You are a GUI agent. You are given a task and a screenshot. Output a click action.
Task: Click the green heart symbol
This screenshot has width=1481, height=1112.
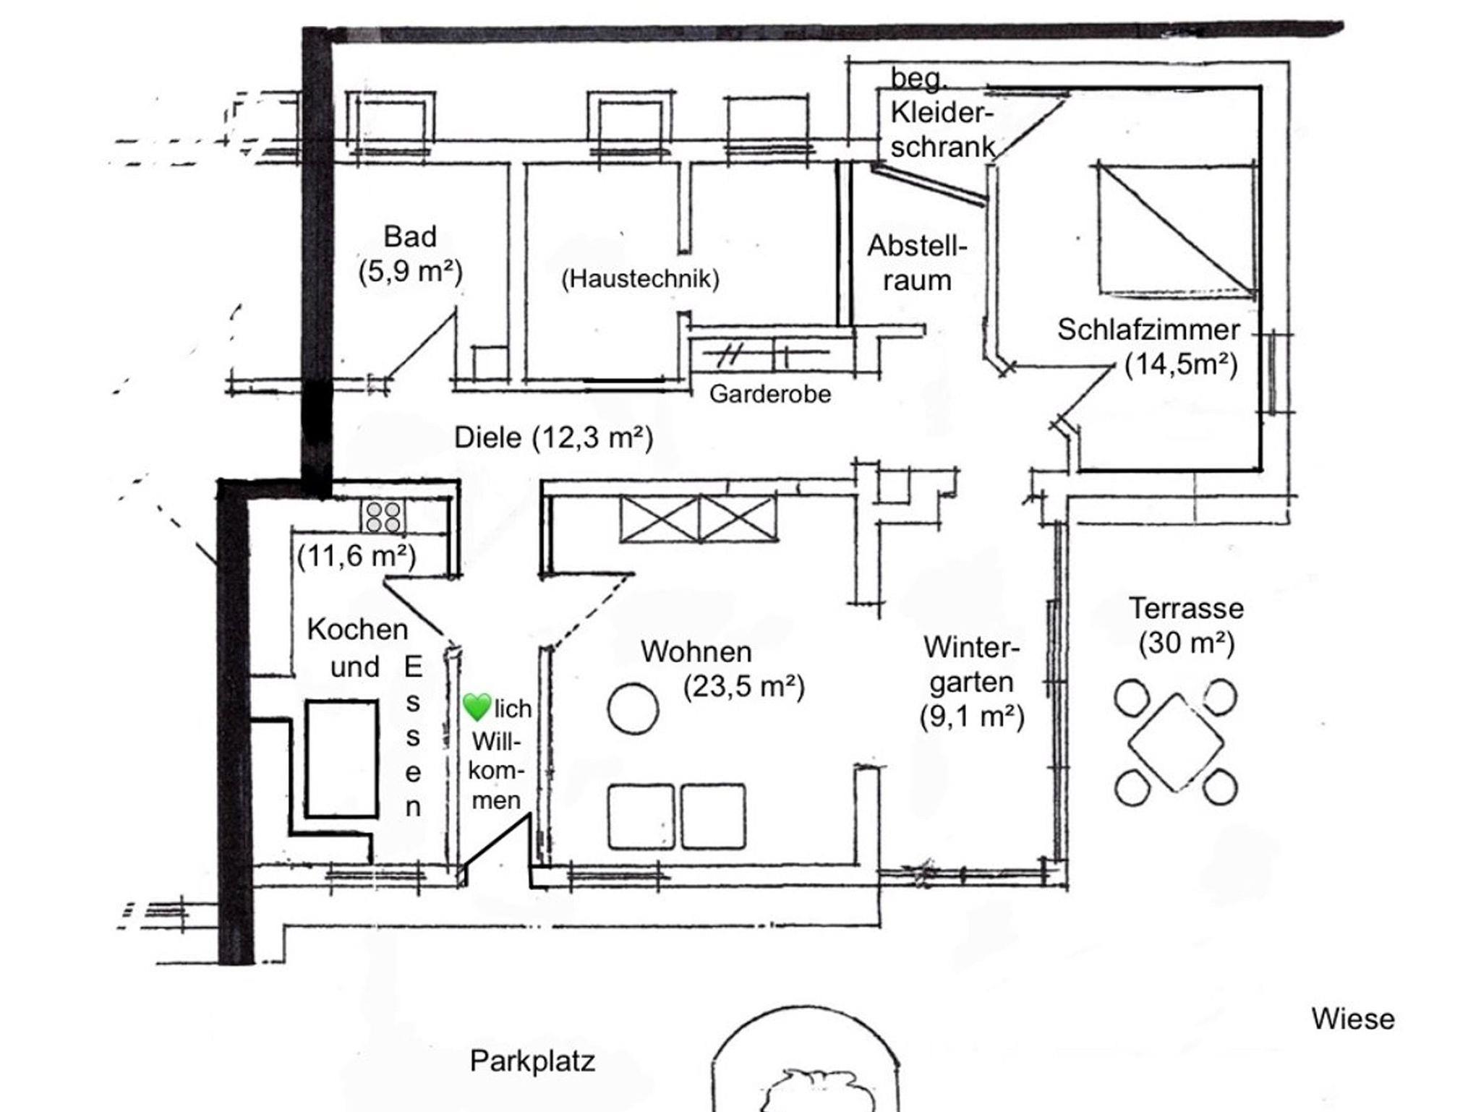coord(477,706)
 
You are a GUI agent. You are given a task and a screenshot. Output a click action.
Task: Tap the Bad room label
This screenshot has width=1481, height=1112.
coord(410,236)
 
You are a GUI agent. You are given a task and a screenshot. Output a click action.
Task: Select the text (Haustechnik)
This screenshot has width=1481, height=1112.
coord(641,278)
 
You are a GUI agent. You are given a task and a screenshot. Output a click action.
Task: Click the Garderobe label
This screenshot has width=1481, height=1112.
coord(770,394)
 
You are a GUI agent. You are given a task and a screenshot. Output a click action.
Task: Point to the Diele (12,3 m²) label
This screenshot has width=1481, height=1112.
coord(553,437)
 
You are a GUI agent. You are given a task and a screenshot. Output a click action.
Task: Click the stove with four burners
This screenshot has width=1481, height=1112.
coord(383,517)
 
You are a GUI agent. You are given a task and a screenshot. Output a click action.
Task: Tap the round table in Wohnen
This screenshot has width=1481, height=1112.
coord(633,709)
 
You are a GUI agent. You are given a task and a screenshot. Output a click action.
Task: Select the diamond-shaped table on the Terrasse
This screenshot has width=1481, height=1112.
coord(1176,743)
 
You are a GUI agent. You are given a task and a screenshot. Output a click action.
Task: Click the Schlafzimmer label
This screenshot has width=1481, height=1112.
coord(1148,330)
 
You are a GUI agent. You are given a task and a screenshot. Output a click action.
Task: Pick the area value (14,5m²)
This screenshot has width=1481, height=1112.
coord(1181,364)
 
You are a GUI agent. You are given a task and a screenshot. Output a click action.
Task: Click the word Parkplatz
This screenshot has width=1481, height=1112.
coord(532,1061)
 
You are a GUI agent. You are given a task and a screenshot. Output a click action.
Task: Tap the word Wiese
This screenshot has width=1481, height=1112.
coord(1353,1019)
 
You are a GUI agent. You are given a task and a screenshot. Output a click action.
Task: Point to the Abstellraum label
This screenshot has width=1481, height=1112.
coord(917,263)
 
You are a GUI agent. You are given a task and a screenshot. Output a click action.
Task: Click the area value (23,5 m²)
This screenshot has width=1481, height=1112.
coord(744,687)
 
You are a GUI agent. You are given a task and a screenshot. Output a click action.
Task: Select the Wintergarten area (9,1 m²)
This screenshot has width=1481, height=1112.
coord(972,717)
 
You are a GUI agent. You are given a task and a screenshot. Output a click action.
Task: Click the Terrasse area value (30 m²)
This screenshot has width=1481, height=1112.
coord(1187,642)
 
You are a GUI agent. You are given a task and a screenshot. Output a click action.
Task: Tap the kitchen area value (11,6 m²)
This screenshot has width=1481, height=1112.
coord(357,556)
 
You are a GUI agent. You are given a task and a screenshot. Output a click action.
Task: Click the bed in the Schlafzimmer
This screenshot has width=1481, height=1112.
coord(1177,228)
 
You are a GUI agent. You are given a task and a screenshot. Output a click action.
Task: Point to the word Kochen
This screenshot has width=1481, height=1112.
coord(357,630)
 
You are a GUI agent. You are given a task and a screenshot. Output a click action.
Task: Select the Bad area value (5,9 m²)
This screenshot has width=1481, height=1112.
coord(410,272)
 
